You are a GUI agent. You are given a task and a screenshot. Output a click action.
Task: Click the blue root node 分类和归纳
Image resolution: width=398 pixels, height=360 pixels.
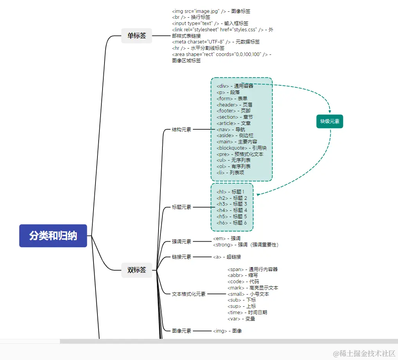tap(53, 236)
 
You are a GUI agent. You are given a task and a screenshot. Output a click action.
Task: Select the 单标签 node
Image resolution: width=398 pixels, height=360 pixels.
tap(137, 36)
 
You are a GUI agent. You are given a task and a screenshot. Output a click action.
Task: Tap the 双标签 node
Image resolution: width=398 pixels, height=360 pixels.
tap(137, 270)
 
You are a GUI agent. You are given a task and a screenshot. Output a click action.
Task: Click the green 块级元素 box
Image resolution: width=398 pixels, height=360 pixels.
tap(330, 121)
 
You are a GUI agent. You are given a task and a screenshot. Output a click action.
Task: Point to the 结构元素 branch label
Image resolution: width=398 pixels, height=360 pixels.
tap(182, 129)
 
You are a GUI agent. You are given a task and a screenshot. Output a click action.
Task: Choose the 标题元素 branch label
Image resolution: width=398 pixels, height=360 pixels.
tap(182, 207)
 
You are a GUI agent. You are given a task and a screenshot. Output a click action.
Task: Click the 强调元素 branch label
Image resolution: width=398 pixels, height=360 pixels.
tap(182, 242)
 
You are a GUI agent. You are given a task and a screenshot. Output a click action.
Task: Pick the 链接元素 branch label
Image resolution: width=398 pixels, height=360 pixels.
tap(182, 257)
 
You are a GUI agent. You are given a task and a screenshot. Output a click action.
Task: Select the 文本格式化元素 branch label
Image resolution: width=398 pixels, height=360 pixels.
tap(189, 294)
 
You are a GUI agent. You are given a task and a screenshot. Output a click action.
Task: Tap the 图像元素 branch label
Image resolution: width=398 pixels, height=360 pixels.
tap(182, 331)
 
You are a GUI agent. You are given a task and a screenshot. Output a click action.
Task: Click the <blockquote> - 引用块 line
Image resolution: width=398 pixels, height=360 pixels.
tap(241, 148)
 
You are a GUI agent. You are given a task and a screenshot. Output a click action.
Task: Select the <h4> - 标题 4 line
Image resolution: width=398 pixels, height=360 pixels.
tap(232, 210)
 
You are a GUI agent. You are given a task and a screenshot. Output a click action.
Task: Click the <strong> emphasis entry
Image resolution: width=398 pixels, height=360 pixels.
tap(245, 245)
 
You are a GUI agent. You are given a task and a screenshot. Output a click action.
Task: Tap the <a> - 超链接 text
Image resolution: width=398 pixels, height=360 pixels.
tap(227, 257)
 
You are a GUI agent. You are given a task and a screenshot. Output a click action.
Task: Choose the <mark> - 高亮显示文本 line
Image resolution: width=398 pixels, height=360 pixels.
tap(253, 288)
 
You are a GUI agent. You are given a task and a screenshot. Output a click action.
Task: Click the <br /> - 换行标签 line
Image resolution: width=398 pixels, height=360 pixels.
tap(191, 17)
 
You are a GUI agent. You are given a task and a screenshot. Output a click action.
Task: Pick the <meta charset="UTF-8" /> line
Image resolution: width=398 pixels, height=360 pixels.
tap(216, 42)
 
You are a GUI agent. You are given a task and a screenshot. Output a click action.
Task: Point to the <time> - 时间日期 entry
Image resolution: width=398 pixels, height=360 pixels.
tap(247, 313)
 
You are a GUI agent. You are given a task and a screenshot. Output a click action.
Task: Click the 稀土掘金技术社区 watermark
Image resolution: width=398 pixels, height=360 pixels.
tap(364, 353)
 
